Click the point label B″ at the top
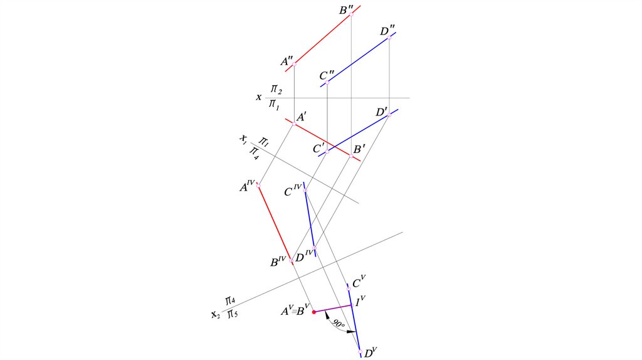pyautogui.click(x=345, y=10)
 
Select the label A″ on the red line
pyautogui.click(x=287, y=61)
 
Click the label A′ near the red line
pyautogui.click(x=302, y=117)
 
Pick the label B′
pyautogui.click(x=359, y=150)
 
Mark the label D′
pyautogui.click(x=382, y=112)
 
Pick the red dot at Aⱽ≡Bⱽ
pyautogui.click(x=314, y=312)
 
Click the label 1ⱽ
pyautogui.click(x=360, y=302)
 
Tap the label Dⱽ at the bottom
pyautogui.click(x=370, y=353)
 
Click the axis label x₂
pyautogui.click(x=215, y=314)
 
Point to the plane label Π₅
pyautogui.click(x=231, y=313)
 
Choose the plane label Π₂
pyautogui.click(x=276, y=89)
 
